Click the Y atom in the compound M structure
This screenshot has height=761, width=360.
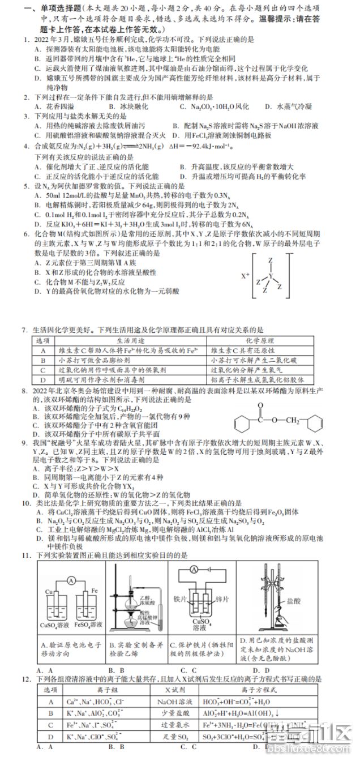271,276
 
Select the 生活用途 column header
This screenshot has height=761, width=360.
131,341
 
